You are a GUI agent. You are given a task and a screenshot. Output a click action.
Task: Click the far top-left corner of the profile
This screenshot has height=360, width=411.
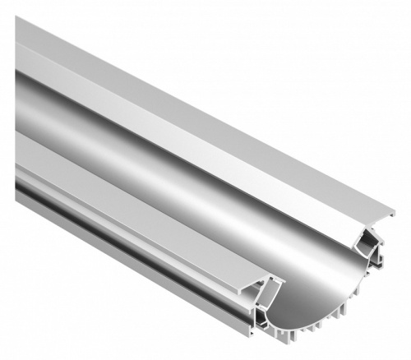(x=16, y=18)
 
